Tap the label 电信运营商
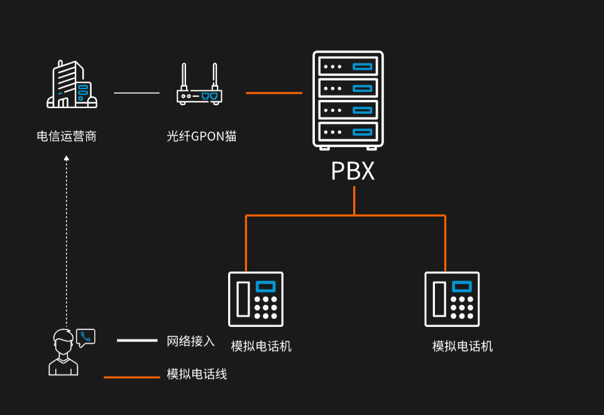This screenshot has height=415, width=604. pos(67,136)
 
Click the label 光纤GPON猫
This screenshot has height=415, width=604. pos(201,136)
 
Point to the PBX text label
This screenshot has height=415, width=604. pos(353,172)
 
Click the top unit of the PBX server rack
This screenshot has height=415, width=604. pos(348,66)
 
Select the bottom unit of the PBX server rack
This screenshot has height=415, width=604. pos(348,131)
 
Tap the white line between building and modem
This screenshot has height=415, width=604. pos(136,93)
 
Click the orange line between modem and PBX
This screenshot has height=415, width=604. pos(273,93)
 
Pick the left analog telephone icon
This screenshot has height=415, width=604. pos(255,299)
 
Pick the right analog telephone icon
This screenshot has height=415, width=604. pos(452,299)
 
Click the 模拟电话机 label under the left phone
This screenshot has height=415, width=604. pos(261,346)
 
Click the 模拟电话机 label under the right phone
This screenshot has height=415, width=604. pos(463,346)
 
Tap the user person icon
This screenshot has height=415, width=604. pos(63,353)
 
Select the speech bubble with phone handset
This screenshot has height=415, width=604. pos(85,338)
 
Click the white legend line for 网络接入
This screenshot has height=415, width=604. pos(137,340)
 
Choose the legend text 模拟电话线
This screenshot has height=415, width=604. pos(197,374)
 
